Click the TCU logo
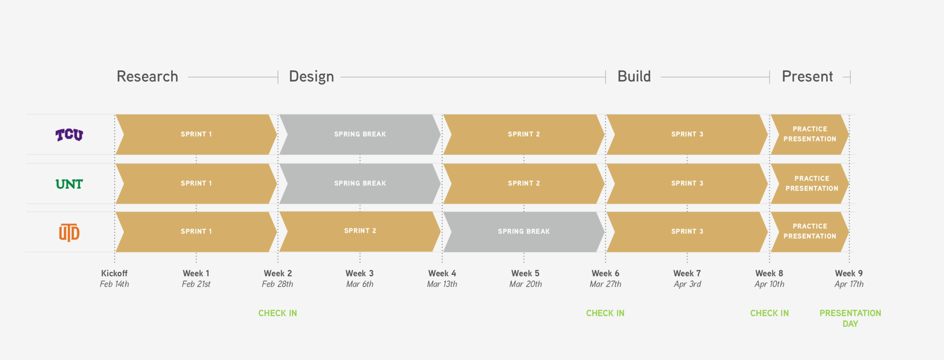pos(69,135)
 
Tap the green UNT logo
pos(69,184)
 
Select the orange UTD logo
pos(69,233)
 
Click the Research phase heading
pos(147,76)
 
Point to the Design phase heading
pos(312,76)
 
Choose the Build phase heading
pos(634,76)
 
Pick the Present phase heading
pos(807,76)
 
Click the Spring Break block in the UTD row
pos(524,231)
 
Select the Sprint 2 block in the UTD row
pos(360,231)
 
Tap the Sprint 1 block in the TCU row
pos(196,134)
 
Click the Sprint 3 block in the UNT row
pos(687,184)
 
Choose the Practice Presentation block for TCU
pos(809,134)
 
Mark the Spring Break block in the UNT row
pos(360,184)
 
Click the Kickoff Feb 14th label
pos(114,279)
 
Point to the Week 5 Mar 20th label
pos(526,279)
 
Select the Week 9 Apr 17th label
pos(849,279)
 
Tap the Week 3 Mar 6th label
pos(359,279)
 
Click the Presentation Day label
pos(850,318)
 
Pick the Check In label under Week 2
pos(277,313)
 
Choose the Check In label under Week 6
pos(605,313)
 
